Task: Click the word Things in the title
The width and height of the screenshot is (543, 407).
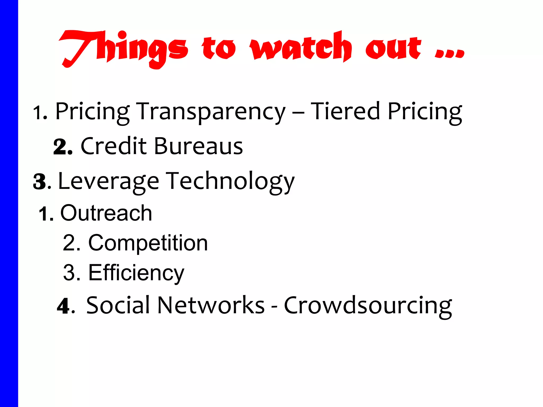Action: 123,49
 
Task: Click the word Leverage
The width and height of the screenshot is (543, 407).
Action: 108,181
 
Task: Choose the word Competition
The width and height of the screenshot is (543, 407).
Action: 148,243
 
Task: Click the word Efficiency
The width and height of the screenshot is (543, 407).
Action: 136,273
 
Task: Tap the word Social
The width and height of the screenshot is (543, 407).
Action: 118,305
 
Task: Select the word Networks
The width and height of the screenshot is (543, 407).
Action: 211,305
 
